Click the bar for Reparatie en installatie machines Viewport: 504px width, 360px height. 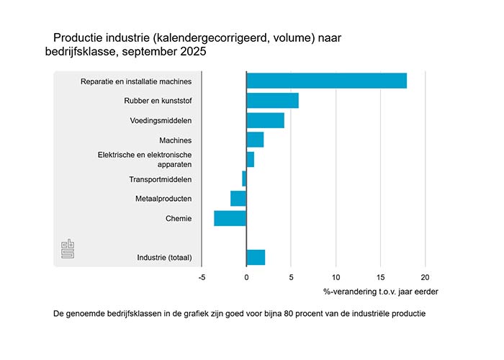tap(326, 81)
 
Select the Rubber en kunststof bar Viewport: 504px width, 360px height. tap(272, 100)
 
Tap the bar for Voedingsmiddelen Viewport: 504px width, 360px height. tap(265, 120)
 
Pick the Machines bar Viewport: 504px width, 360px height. tap(255, 140)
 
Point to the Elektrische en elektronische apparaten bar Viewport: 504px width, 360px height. tap(250, 159)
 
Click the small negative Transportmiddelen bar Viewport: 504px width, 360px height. tap(244, 179)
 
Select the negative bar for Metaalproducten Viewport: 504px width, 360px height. tap(238, 198)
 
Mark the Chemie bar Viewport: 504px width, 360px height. tap(230, 217)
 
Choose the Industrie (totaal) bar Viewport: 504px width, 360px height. tap(256, 257)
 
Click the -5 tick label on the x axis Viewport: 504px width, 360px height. tap(202, 277)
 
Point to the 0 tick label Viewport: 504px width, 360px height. tap(246, 277)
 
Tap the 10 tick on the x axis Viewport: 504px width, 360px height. tap(336, 277)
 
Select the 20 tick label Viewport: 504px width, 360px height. tap(425, 277)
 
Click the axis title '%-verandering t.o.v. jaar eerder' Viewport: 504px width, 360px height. tap(381, 292)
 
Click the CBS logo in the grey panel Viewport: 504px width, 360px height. tap(68, 250)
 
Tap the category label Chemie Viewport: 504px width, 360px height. tap(179, 217)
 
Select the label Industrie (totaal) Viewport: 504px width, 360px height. tap(164, 257)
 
